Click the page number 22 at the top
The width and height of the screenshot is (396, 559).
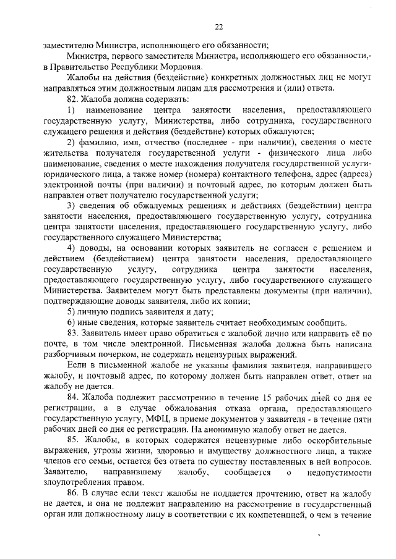tap(218, 27)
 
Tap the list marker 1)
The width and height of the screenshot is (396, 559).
tap(71, 109)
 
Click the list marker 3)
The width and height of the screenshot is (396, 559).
tap(71, 205)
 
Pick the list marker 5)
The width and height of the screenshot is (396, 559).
tap(71, 312)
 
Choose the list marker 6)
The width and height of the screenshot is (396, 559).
tap(71, 322)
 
